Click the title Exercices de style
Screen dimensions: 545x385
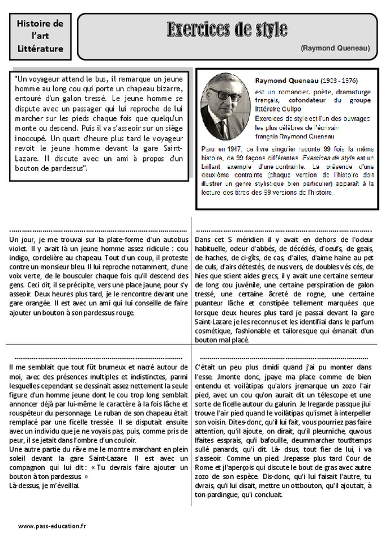click(226, 29)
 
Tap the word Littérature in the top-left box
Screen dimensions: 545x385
click(40, 49)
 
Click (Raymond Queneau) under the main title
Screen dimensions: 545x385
click(335, 49)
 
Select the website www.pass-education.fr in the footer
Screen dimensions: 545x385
click(52, 526)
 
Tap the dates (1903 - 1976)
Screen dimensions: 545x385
click(340, 81)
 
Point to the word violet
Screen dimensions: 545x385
click(19, 248)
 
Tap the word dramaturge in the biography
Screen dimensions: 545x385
click(350, 92)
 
